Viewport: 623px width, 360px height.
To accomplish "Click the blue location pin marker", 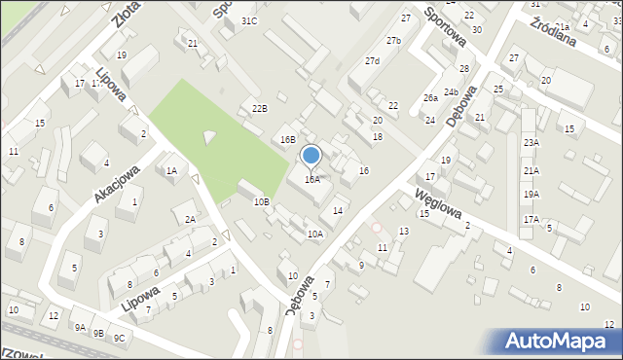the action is click(311, 156).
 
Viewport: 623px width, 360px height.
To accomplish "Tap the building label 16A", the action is click(311, 180).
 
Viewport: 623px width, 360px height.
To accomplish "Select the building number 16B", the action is click(288, 140).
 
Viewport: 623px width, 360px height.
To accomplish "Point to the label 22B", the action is click(259, 108).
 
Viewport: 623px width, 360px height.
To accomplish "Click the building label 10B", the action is click(261, 202).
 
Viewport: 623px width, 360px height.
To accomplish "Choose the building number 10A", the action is click(315, 234).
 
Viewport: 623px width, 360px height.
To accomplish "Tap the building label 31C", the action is click(250, 20).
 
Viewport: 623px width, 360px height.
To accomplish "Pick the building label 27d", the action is click(373, 61).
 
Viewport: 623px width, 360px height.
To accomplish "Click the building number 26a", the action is click(430, 98).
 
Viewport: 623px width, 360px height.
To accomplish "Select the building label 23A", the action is click(531, 143).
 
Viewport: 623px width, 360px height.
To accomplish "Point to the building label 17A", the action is click(531, 220).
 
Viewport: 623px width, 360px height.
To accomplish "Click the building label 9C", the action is click(119, 338).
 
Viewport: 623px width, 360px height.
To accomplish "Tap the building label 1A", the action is click(171, 171).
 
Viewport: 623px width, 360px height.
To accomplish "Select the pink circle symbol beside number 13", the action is click(378, 228).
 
